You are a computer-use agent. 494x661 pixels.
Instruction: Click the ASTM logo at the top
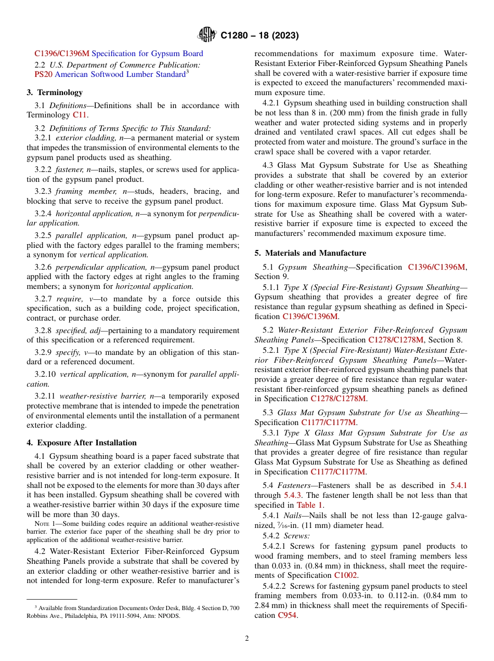click(x=207, y=35)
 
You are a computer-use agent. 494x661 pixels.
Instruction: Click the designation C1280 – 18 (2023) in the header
click(x=259, y=35)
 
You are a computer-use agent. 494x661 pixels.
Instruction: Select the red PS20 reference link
click(x=43, y=74)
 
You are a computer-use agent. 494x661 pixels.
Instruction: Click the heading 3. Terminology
click(x=55, y=92)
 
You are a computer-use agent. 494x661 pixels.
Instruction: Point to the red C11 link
click(x=80, y=115)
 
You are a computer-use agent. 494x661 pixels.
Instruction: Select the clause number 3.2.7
click(x=44, y=298)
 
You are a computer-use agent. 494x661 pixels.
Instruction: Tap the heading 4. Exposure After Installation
click(x=82, y=443)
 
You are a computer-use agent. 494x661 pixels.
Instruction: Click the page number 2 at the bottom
click(x=247, y=639)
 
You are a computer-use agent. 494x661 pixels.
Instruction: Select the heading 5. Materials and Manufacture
click(x=310, y=253)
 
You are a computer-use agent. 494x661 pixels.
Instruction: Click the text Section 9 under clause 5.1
click(x=271, y=277)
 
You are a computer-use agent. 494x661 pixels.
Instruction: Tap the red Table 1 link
click(x=309, y=505)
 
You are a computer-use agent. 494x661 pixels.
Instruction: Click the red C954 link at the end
click(x=287, y=615)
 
